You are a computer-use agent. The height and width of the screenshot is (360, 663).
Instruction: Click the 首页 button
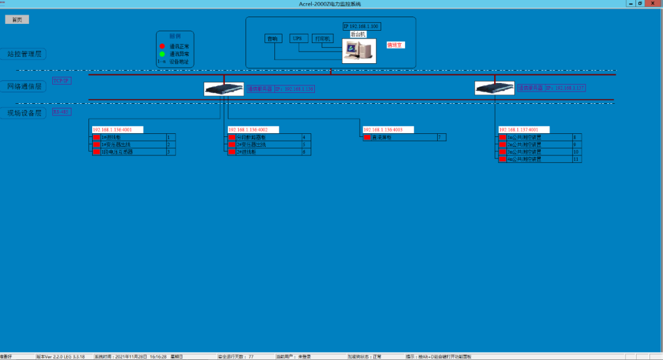click(x=17, y=20)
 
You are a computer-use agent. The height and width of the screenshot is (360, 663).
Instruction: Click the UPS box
click(x=297, y=39)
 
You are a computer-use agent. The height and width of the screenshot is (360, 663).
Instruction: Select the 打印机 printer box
click(x=322, y=39)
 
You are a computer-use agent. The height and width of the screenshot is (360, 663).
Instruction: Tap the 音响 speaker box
click(x=272, y=39)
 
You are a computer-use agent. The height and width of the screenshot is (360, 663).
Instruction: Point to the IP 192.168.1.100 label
click(x=362, y=26)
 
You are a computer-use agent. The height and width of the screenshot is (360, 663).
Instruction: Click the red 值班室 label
click(x=395, y=45)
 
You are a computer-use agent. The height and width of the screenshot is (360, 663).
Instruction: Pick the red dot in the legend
click(x=162, y=46)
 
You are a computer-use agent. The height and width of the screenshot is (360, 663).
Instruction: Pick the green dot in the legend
click(x=162, y=54)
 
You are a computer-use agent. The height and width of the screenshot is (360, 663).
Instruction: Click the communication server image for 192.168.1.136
click(x=223, y=89)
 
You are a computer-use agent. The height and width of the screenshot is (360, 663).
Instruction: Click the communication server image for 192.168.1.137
click(x=495, y=88)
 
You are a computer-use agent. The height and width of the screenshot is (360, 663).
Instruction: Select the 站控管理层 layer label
click(x=24, y=54)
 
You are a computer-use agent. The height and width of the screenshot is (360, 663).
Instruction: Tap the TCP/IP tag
click(x=61, y=80)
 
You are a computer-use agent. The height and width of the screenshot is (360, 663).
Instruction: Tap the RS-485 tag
click(x=61, y=112)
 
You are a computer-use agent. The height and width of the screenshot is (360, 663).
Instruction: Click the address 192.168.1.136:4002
click(x=253, y=130)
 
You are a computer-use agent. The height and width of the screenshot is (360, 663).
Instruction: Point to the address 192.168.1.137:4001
click(x=524, y=130)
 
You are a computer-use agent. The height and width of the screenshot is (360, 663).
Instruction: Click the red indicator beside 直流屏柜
click(x=367, y=138)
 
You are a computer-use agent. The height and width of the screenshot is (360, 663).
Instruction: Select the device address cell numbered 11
click(x=576, y=159)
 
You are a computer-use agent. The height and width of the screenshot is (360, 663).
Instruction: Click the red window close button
click(x=653, y=3)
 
